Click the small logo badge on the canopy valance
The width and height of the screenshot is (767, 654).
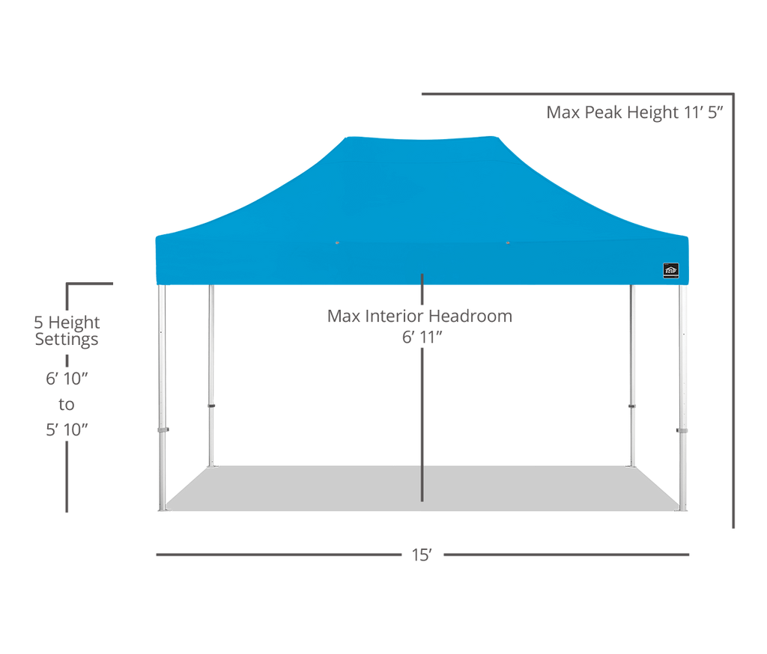pyautogui.click(x=671, y=270)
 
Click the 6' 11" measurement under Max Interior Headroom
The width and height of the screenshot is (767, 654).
pyautogui.click(x=422, y=338)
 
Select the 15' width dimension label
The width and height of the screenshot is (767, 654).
pyautogui.click(x=422, y=555)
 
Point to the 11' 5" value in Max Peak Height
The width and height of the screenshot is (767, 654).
pyautogui.click(x=704, y=113)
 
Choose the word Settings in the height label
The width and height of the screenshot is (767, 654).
pyautogui.click(x=67, y=340)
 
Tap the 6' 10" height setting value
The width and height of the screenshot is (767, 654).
pyautogui.click(x=67, y=378)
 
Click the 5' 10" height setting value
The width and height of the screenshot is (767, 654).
pyautogui.click(x=67, y=430)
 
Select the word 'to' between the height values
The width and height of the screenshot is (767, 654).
pyautogui.click(x=67, y=405)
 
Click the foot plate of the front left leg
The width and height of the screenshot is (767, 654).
pyautogui.click(x=163, y=510)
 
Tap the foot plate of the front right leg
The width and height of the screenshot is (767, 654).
pyautogui.click(x=682, y=510)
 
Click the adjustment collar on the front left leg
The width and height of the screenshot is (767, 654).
pyautogui.click(x=163, y=430)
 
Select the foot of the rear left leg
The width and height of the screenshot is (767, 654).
pyautogui.click(x=212, y=465)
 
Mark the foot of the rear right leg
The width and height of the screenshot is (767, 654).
pyautogui.click(x=633, y=465)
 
